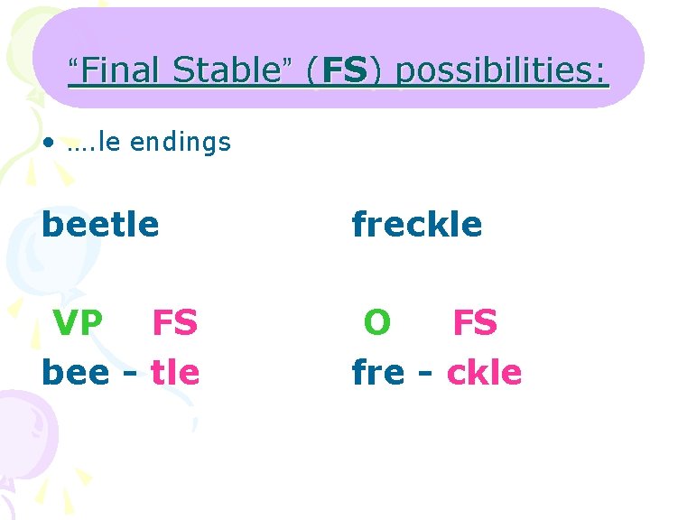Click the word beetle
click(100, 223)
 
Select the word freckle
click(417, 223)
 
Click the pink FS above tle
click(174, 322)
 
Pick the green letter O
click(377, 322)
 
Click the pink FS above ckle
click(474, 322)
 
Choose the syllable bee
click(76, 371)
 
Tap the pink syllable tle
click(175, 371)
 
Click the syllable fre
click(377, 371)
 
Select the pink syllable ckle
click(484, 371)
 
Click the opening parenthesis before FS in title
click(311, 70)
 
